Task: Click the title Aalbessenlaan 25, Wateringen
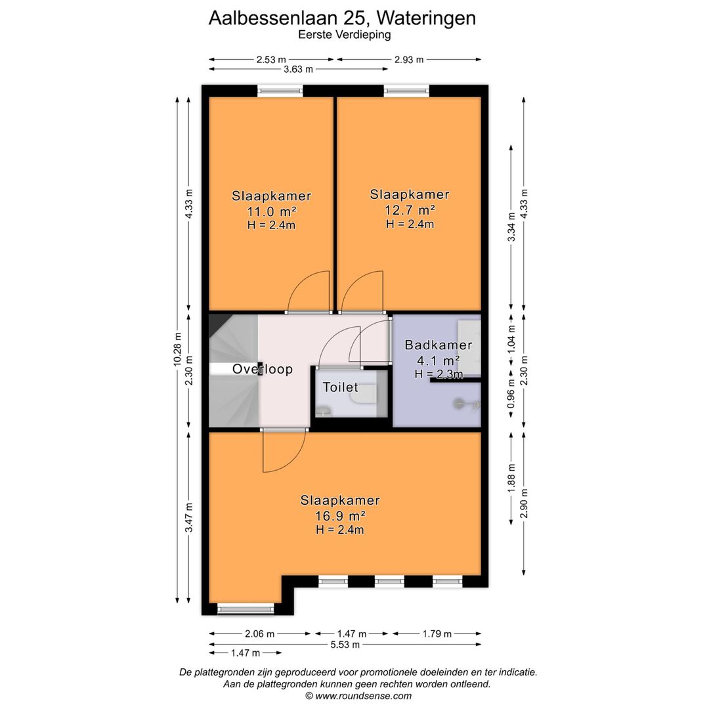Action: pos(342,18)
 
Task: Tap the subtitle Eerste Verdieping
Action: pos(344,35)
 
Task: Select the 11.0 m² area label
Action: pos(271,211)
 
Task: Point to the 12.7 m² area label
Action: pos(410,210)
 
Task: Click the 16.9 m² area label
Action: pos(340,515)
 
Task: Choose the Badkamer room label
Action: pos(438,345)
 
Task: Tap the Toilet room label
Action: pos(340,387)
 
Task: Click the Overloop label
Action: pos(263,370)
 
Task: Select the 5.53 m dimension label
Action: pos(345,644)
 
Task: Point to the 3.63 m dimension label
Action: pos(298,69)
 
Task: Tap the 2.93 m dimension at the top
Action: pos(409,60)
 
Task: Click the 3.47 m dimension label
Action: pos(189,518)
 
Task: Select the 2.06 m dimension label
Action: pos(260,634)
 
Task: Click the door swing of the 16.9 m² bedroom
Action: pos(284,452)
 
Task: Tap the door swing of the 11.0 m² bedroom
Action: pos(309,292)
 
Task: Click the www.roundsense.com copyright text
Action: pos(358,696)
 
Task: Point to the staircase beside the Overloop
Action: pos(232,394)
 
